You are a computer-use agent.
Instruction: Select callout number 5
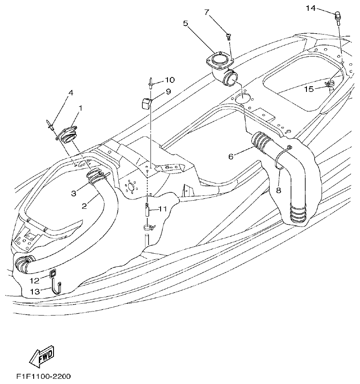click(186, 23)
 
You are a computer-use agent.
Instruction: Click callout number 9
click(168, 91)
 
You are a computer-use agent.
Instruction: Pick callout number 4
click(70, 92)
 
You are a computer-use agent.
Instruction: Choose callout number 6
click(231, 156)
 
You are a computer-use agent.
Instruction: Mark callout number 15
click(309, 89)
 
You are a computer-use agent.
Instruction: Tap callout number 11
click(162, 209)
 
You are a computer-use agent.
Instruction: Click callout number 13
click(35, 292)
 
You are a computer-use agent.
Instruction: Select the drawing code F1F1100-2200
click(44, 376)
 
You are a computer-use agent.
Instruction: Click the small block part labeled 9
click(145, 103)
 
